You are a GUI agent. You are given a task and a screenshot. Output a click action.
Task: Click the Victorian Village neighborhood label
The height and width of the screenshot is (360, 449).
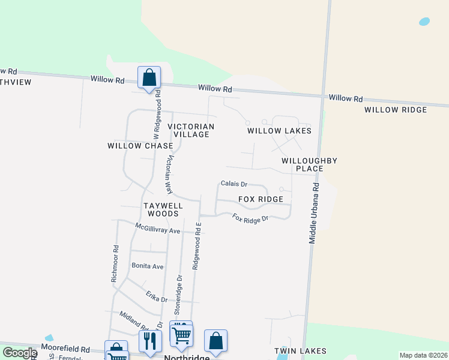(x=191, y=130)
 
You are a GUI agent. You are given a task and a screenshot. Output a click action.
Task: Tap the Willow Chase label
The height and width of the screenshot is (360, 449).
(x=140, y=146)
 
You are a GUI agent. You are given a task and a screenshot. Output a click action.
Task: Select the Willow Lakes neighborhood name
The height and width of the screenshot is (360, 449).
(x=279, y=131)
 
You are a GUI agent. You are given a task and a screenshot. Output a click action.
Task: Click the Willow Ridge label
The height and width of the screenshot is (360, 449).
(x=396, y=110)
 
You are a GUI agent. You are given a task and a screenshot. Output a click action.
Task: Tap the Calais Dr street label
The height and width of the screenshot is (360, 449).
(x=234, y=184)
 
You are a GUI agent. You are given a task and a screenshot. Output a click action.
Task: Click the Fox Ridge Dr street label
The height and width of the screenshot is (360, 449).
(x=250, y=220)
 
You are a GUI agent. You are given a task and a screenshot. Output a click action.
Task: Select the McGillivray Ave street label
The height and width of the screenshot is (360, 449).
(x=157, y=228)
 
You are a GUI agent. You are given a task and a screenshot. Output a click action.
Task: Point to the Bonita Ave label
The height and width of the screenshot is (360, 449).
(x=148, y=266)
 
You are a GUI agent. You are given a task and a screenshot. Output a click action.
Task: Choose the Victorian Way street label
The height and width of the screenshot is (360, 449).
(x=170, y=175)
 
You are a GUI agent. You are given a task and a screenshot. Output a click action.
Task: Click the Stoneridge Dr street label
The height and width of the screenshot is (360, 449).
(x=178, y=295)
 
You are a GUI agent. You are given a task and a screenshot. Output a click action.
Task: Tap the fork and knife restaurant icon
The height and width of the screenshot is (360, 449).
(x=149, y=340)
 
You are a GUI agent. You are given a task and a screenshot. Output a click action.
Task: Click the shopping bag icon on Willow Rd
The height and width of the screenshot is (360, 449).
(x=149, y=77)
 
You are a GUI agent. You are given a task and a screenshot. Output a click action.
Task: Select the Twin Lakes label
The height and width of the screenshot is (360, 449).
(x=300, y=350)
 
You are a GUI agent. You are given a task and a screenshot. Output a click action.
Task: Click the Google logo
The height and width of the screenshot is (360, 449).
(x=19, y=353)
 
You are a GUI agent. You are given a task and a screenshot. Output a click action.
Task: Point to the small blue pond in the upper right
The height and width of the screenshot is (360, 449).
(x=424, y=22)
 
